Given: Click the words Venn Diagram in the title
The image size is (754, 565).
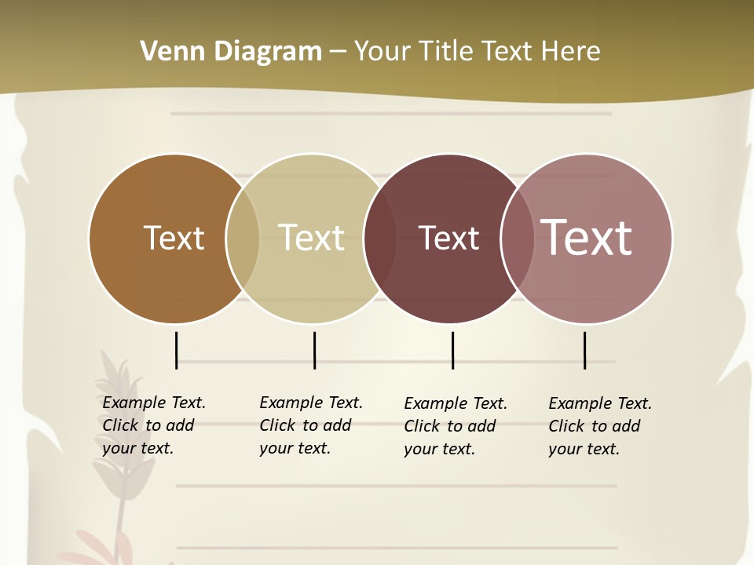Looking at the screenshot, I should click(231, 52).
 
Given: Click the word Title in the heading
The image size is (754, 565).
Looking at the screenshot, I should click(446, 52).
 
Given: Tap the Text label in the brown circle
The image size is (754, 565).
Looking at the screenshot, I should click(174, 238).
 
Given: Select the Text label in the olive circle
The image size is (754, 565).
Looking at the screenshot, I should click(312, 238).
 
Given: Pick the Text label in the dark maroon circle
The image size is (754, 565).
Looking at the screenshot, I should click(448, 238).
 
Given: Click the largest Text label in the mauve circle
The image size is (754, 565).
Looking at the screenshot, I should click(587, 238).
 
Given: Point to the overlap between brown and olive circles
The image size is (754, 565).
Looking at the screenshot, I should click(243, 239).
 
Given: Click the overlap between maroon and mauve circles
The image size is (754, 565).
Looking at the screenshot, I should click(517, 239).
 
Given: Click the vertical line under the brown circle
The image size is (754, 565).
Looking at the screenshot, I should click(177, 350).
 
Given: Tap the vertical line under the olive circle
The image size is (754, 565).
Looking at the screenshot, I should click(314, 350).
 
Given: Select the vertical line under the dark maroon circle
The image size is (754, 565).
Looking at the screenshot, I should click(452, 350).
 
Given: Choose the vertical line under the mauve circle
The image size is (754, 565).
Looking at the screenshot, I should click(585, 350).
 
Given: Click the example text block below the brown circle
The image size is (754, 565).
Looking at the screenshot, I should click(153, 425).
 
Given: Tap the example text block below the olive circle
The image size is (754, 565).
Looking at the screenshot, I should click(310, 425).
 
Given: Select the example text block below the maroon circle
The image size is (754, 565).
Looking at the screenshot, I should click(455, 426).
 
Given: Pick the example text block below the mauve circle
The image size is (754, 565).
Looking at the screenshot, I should click(599, 426).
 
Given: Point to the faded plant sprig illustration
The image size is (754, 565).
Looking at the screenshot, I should click(114, 439).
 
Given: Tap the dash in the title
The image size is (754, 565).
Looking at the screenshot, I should click(338, 52).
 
